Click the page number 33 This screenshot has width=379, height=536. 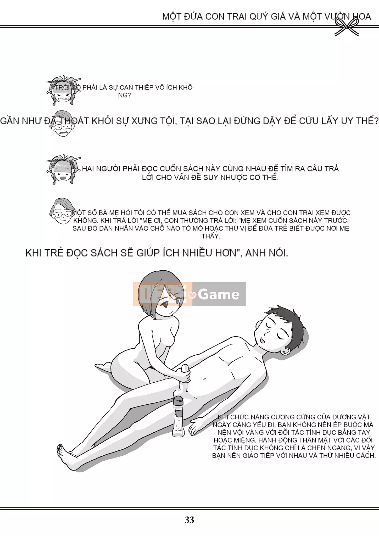[189, 520]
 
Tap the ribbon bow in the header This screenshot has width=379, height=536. [347, 26]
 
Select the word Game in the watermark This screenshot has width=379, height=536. [219, 294]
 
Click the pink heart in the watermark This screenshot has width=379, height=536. [193, 295]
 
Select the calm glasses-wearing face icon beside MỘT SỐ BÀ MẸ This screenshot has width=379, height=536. [62, 211]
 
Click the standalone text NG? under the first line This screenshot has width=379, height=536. [124, 95]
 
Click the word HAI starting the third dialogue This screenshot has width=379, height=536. [88, 169]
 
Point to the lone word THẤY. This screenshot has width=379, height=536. [211, 236]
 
